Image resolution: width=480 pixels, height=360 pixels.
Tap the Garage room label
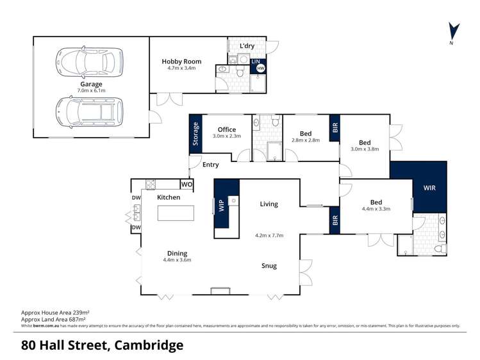click(91, 84)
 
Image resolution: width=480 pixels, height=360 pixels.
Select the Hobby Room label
click(181, 61)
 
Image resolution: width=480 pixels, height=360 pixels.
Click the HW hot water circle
click(260, 69)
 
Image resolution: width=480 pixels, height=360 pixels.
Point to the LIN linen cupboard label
click(255, 62)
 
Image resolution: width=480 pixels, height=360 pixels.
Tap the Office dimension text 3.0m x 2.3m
click(227, 136)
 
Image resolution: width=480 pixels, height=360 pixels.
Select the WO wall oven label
click(186, 184)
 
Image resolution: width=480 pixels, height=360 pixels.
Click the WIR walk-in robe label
click(429, 188)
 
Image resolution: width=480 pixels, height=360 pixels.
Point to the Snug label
click(269, 265)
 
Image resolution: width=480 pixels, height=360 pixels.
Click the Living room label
click(269, 204)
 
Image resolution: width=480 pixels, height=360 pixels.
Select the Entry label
click(210, 165)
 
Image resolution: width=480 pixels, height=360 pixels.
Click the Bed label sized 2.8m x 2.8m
click(305, 133)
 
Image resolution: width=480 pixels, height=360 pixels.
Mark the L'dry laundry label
click(248, 46)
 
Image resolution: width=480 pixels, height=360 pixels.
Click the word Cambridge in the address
click(147, 345)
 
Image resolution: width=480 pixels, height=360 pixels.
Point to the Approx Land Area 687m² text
click(54, 319)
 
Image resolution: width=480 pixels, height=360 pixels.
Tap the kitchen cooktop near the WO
click(151, 184)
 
